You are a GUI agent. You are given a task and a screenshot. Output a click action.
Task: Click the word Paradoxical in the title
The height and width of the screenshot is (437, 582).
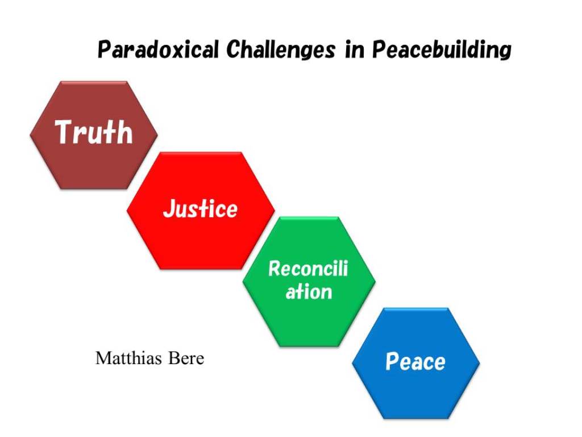click(x=158, y=50)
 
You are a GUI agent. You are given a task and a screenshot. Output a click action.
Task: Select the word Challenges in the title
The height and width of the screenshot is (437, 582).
click(x=281, y=50)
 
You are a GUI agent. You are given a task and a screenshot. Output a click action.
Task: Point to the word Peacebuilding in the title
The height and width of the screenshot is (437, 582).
click(x=442, y=50)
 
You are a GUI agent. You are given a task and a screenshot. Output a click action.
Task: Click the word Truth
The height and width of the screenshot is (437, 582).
click(x=94, y=131)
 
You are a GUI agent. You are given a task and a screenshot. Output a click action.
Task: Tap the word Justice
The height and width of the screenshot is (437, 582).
click(x=201, y=208)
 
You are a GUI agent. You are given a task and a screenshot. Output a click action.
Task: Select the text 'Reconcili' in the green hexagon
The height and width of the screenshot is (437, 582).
click(x=309, y=269)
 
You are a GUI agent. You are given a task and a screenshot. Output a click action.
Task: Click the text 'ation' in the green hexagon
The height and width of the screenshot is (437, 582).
click(x=309, y=292)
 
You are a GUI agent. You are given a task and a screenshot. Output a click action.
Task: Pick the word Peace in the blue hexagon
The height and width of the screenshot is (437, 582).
click(x=415, y=361)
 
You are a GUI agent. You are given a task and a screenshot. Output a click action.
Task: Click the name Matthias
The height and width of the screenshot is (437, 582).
click(x=129, y=358)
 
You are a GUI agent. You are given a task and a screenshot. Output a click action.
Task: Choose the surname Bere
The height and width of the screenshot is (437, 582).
click(x=186, y=358)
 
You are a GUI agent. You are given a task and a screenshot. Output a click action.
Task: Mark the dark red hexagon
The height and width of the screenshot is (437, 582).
click(x=94, y=135)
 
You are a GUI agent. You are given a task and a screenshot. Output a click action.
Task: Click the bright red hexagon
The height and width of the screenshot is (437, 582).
click(x=201, y=211)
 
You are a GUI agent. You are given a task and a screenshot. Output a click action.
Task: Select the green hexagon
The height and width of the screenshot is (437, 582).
click(x=309, y=282)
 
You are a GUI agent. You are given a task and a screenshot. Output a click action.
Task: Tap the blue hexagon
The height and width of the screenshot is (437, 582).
click(x=415, y=364)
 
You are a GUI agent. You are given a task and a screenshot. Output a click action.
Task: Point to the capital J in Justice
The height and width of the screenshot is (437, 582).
click(x=169, y=208)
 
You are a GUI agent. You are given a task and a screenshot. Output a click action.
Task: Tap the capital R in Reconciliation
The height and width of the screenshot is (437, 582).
click(x=275, y=269)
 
